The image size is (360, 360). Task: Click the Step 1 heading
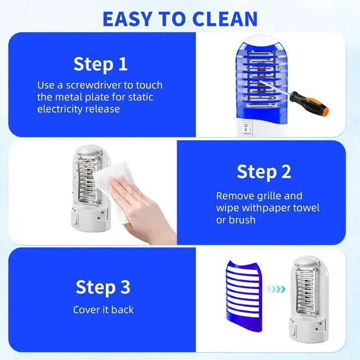100,64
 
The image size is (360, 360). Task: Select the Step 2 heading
264,172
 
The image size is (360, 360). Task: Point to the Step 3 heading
103,287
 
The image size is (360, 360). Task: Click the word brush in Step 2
242,220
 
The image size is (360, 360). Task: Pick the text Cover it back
103,310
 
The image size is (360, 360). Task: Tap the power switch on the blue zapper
246,128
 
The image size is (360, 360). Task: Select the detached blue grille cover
244,296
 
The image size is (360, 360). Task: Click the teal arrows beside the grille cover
276,289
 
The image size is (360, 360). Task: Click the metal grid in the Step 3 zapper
307,291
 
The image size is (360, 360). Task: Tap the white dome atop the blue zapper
262,40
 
